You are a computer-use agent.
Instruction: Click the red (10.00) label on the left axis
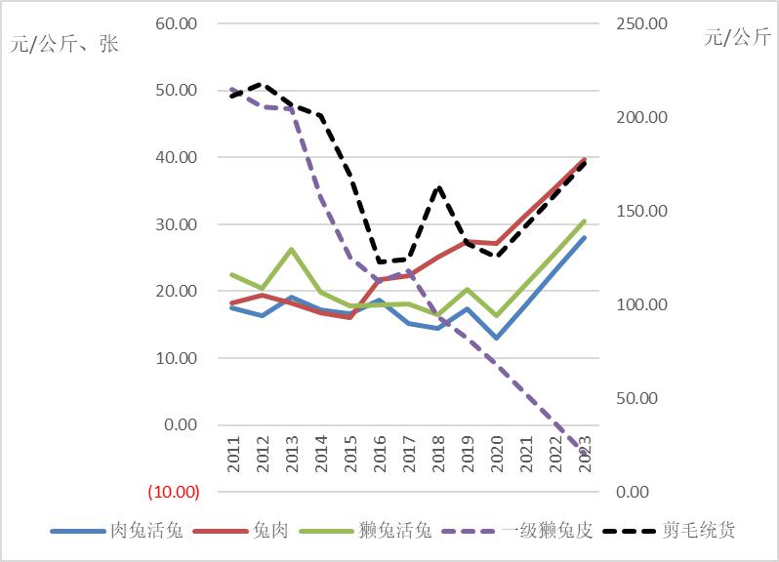pyautogui.click(x=173, y=491)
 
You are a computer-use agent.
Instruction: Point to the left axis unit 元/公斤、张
pyautogui.click(x=63, y=45)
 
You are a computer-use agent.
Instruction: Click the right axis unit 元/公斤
pyautogui.click(x=737, y=37)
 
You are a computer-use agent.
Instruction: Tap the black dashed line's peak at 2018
pyautogui.click(x=438, y=187)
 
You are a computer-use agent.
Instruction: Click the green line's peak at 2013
pyautogui.click(x=292, y=249)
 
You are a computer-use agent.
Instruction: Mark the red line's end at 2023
pyautogui.click(x=584, y=160)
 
